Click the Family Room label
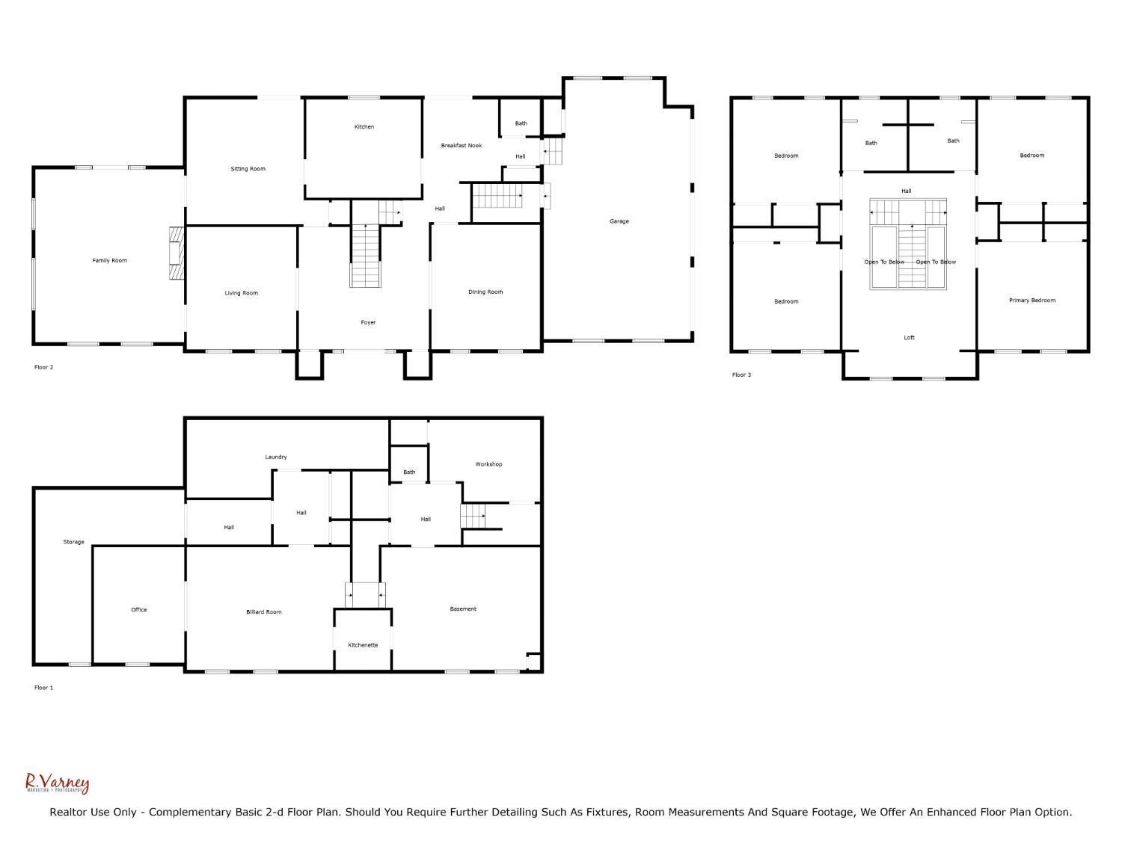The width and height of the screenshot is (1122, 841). (x=109, y=260)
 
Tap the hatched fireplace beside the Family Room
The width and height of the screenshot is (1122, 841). (x=177, y=253)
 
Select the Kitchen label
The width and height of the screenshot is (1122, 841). (x=364, y=126)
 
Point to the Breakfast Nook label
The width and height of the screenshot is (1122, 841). (x=461, y=146)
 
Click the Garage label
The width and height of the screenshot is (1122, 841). (x=619, y=221)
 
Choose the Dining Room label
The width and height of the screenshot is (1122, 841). (x=485, y=292)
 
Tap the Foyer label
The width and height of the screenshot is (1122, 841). (x=368, y=323)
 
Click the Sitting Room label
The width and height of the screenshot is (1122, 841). (x=248, y=169)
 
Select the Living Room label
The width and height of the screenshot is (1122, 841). (x=241, y=293)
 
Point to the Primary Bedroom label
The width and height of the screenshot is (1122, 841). (x=1031, y=301)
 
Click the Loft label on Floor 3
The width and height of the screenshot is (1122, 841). (x=909, y=338)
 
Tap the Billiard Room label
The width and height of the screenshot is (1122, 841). (x=263, y=612)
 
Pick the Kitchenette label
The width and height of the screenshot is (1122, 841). (x=363, y=645)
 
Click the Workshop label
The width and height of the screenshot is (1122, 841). (x=488, y=464)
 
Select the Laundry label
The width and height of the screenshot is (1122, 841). (x=275, y=457)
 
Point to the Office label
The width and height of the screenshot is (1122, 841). (x=138, y=610)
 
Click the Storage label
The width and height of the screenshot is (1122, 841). (x=73, y=542)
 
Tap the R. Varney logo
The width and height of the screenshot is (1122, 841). (x=58, y=783)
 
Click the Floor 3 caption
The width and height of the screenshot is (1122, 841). (x=741, y=375)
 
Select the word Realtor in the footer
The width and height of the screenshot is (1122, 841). (x=67, y=813)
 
